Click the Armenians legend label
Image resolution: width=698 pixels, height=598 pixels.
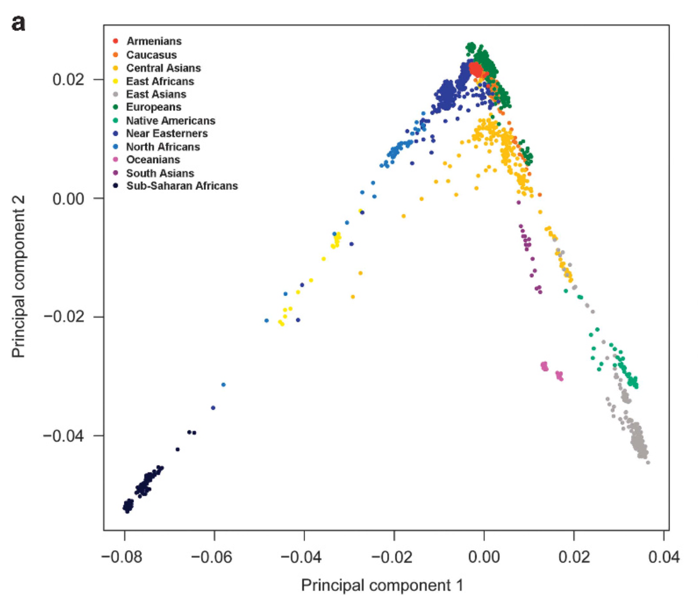(154, 41)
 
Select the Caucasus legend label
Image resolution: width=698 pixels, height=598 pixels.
(151, 55)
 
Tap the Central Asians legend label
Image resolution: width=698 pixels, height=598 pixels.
(164, 68)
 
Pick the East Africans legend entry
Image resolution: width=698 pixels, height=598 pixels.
(160, 82)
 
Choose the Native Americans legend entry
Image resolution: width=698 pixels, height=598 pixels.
(170, 121)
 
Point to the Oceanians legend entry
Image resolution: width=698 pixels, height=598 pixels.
(153, 160)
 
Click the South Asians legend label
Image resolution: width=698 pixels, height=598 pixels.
(160, 173)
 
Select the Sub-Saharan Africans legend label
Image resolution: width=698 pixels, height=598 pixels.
(182, 186)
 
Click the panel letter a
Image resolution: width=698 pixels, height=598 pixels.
(18, 24)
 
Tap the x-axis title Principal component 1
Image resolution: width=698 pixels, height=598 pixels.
(382, 585)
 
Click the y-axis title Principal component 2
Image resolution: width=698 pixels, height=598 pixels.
(19, 276)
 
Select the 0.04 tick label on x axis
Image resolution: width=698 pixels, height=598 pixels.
(664, 557)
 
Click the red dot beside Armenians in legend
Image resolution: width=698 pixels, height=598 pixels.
(115, 41)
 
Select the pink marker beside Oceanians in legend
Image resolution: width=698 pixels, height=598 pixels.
(115, 160)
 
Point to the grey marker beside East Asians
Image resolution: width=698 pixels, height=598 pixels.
(115, 94)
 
